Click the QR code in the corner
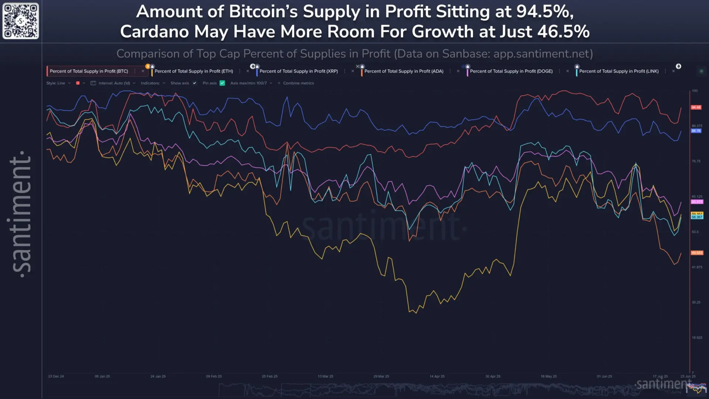pyautogui.click(x=21, y=21)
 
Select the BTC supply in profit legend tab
pyautogui.click(x=89, y=71)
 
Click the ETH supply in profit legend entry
pyautogui.click(x=193, y=71)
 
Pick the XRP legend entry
pyautogui.click(x=298, y=71)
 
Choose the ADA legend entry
pyautogui.click(x=404, y=71)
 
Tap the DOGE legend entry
pyautogui.click(x=511, y=71)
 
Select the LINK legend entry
pyautogui.click(x=619, y=71)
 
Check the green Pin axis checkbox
pyautogui.click(x=222, y=83)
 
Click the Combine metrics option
pyautogui.click(x=298, y=83)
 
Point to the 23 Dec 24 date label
pyautogui.click(x=56, y=376)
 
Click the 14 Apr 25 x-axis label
pyautogui.click(x=437, y=376)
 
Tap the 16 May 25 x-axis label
pyautogui.click(x=548, y=376)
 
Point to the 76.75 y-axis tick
pyautogui.click(x=696, y=161)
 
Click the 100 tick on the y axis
pyautogui.click(x=695, y=91)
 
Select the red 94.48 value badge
pyautogui.click(x=696, y=108)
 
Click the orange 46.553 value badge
pyautogui.click(x=697, y=253)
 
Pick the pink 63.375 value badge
pyautogui.click(x=697, y=202)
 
